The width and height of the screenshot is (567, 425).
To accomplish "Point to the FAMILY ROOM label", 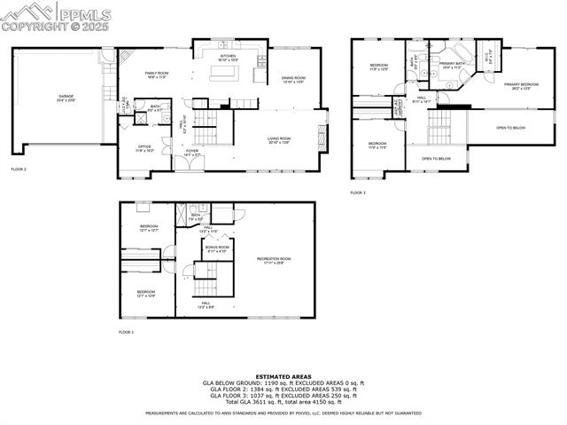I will pyautogui.click(x=156, y=75).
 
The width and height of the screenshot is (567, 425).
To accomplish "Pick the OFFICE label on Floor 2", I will pyautogui.click(x=144, y=148).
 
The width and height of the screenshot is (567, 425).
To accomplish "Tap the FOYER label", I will pyautogui.click(x=190, y=152).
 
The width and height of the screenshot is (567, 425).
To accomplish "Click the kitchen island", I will pyautogui.click(x=225, y=74).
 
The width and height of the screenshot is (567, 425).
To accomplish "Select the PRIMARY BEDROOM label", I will pyautogui.click(x=522, y=85).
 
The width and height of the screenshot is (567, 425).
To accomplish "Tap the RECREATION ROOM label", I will pyautogui.click(x=274, y=260).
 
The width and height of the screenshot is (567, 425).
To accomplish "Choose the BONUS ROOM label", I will pyautogui.click(x=217, y=249).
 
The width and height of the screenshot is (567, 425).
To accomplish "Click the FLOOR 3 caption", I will pyautogui.click(x=358, y=193).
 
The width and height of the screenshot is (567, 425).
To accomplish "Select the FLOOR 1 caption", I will pyautogui.click(x=127, y=332).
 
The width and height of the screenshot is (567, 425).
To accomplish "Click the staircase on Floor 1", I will pyautogui.click(x=206, y=287).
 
